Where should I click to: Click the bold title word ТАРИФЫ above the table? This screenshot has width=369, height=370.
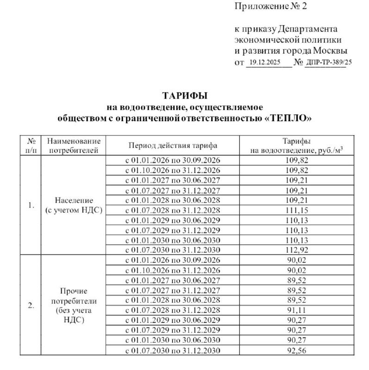coord(184,96)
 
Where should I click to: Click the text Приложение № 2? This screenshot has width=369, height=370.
coord(271,6)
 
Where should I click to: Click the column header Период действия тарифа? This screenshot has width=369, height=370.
coord(173,145)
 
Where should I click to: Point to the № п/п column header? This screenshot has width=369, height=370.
coord(31,145)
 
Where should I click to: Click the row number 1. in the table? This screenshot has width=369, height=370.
coord(31,205)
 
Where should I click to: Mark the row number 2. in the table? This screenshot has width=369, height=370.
coord(31,305)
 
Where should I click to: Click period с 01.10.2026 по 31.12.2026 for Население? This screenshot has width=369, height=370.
coord(173,170)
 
